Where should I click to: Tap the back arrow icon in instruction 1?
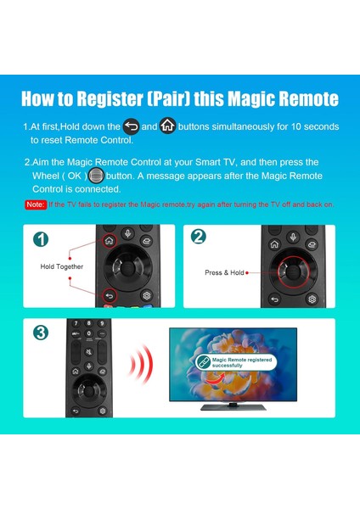tap(131, 126)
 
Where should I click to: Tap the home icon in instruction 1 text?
tap(167, 126)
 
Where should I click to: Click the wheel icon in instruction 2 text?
tap(96, 176)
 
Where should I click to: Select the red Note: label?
tap(35, 204)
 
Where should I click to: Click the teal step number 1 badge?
tap(41, 239)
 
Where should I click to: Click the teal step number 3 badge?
tap(42, 332)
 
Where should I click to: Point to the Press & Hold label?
tap(224, 272)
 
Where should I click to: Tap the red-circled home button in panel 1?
tap(110, 240)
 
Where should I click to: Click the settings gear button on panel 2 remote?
tap(312, 298)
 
